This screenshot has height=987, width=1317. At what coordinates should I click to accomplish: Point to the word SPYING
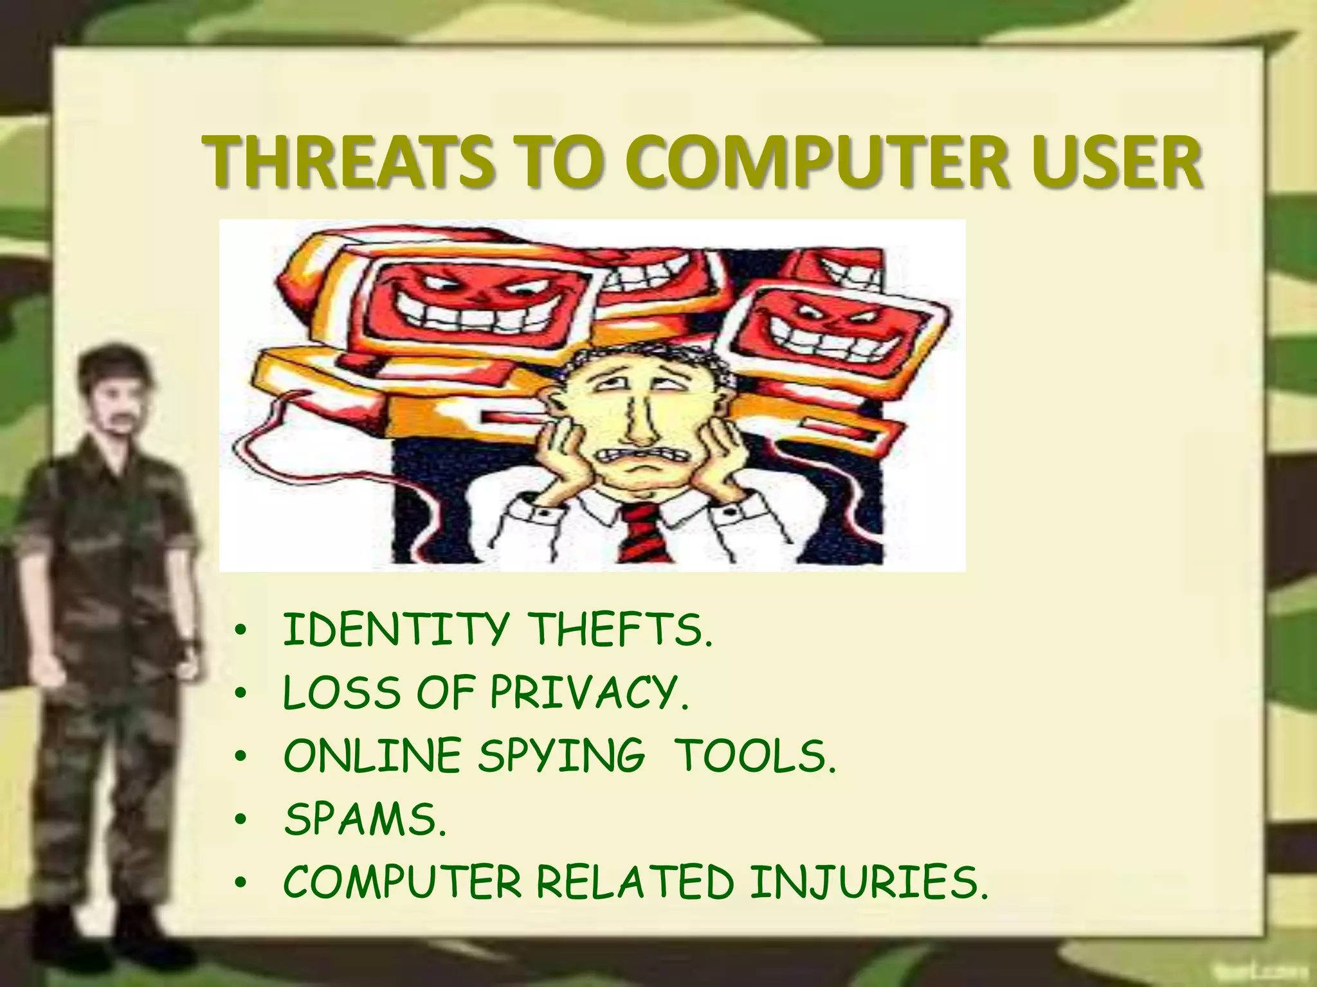click(x=560, y=756)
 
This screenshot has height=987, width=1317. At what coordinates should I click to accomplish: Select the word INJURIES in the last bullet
click(x=868, y=882)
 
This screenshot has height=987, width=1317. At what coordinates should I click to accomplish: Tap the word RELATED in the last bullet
click(x=634, y=882)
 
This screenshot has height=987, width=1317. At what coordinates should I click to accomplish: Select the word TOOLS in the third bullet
click(x=757, y=756)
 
